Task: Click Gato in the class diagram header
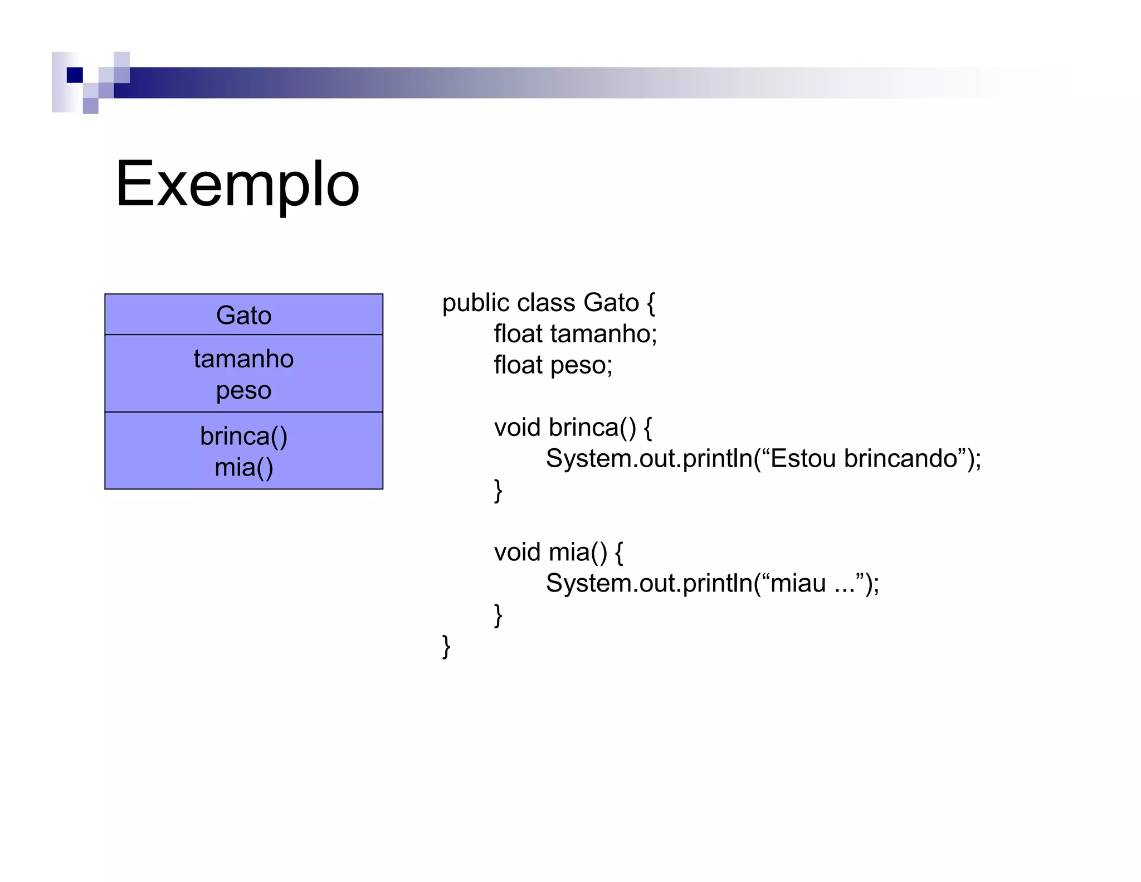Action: pos(243,316)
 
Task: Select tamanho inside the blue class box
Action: pos(243,358)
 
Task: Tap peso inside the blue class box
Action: pos(243,391)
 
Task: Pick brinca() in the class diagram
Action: pos(243,436)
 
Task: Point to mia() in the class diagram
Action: pos(243,467)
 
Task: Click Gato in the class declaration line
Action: pos(611,303)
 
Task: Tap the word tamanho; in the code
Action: pos(603,334)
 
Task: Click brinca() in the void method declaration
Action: pos(592,428)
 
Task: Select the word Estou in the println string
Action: pos(803,458)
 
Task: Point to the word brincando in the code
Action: pos(900,458)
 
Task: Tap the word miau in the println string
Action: pos(798,584)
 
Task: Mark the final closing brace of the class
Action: pos(446,646)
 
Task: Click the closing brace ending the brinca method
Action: pos(498,491)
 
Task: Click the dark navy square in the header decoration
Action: pos(75,75)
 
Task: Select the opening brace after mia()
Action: pos(618,553)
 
